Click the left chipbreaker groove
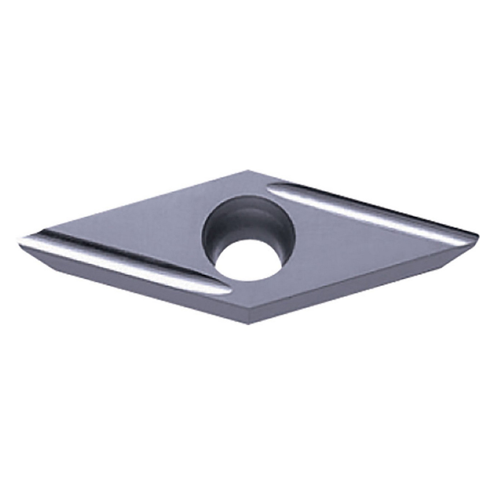pos(124,263)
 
